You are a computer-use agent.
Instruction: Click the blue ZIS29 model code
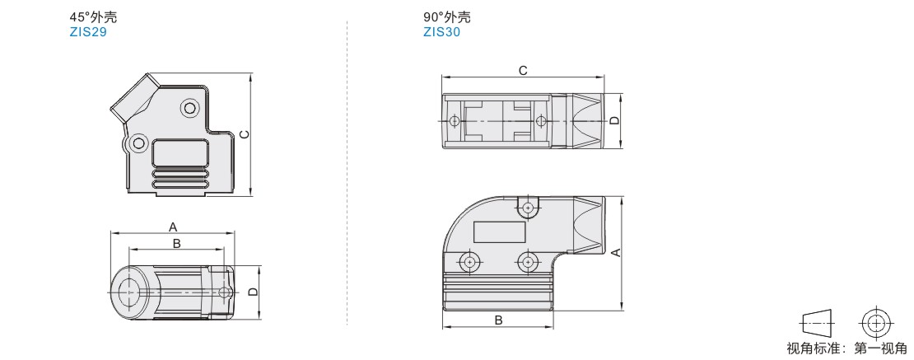[88, 32]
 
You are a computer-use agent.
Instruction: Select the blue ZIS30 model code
[442, 32]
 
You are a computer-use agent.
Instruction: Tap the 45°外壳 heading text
[89, 17]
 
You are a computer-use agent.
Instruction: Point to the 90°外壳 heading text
[447, 17]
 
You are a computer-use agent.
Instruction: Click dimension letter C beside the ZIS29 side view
[245, 135]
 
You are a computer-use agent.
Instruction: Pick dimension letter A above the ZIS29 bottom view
[173, 227]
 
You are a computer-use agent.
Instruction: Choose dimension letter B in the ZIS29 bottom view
[177, 243]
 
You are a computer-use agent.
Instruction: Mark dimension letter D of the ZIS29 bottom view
[253, 292]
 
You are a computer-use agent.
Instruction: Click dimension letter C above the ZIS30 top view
[523, 71]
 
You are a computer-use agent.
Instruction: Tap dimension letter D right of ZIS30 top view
[613, 121]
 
